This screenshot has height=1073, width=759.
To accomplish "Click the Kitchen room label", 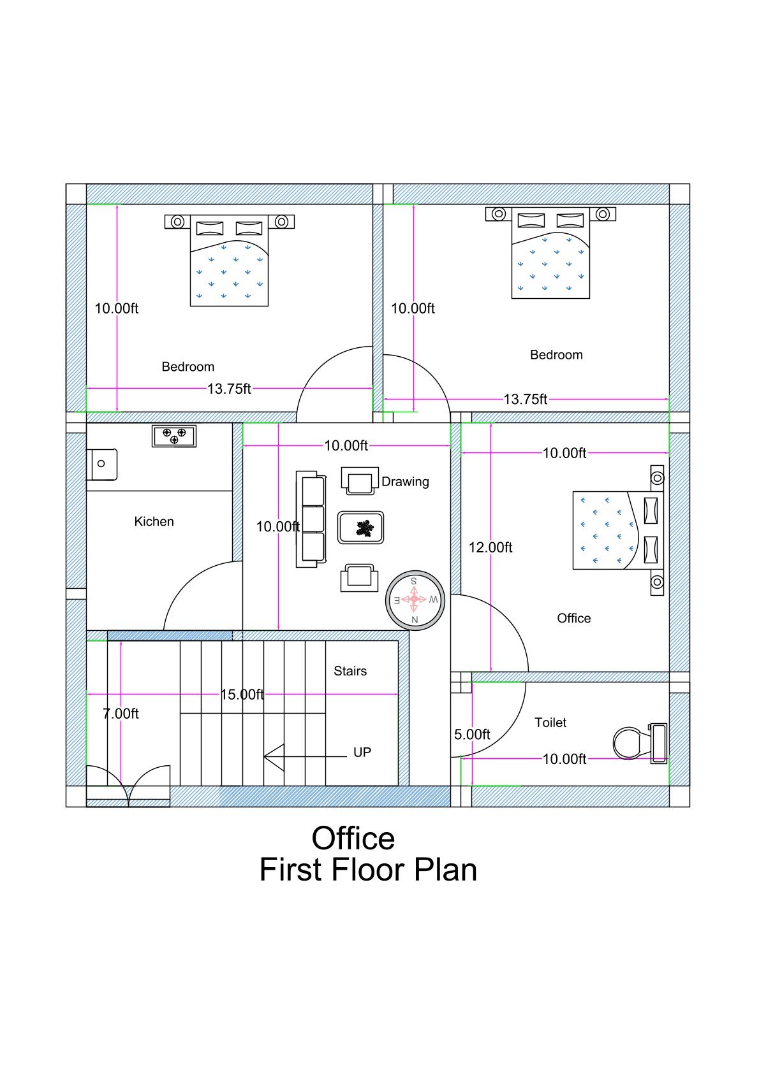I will [x=154, y=521].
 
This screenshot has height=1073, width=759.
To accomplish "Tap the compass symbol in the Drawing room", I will [x=415, y=600].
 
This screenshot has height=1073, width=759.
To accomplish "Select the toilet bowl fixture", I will [x=631, y=742].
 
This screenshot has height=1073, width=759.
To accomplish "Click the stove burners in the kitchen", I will [x=174, y=436].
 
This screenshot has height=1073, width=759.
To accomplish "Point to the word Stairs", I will [x=350, y=671].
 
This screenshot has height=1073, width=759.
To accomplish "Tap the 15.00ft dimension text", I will [x=242, y=695].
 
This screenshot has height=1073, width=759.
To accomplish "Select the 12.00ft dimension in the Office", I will [x=490, y=547].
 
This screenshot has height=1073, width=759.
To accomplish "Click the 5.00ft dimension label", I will [x=472, y=735].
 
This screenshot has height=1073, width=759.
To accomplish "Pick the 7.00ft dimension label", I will [x=121, y=714].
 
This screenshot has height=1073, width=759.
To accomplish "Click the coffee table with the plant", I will [x=361, y=528].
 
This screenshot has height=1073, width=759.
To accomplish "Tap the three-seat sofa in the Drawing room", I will [x=311, y=519].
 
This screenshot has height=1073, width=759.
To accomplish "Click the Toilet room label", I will [x=550, y=723].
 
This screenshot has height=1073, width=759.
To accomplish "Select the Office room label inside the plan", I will [x=574, y=618].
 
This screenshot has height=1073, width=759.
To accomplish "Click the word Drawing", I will [x=405, y=482].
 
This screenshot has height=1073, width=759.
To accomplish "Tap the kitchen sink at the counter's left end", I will [x=102, y=464].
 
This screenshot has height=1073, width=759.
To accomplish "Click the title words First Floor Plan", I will [x=368, y=870].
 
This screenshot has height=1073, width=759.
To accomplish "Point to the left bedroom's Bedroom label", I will [x=188, y=367].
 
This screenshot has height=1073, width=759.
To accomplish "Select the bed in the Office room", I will [x=617, y=530].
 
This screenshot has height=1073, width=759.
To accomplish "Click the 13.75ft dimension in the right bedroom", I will [x=526, y=400].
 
